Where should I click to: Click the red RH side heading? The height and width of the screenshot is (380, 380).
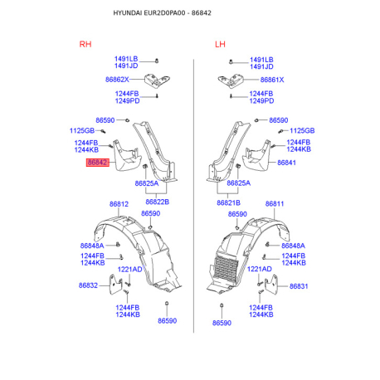tap(85, 44)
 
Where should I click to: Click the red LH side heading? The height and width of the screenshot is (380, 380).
tap(220, 44)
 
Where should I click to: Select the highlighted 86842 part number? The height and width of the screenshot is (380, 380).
tap(98, 163)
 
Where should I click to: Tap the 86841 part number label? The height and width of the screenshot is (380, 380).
tap(286, 163)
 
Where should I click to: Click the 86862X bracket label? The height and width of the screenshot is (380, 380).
tap(117, 80)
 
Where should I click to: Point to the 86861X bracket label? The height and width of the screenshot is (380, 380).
tap(272, 80)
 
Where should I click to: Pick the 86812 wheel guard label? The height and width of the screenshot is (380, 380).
tap(119, 204)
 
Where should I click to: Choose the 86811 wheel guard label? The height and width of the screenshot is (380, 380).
tap(275, 204)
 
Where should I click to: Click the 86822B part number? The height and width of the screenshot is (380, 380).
tap(157, 202)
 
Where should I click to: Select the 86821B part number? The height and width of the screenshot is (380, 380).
tap(228, 202)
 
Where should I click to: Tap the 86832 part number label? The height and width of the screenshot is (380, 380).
tap(88, 285)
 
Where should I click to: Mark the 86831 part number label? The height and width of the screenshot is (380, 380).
tap(299, 286)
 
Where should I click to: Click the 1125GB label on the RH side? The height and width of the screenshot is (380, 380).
tap(82, 130)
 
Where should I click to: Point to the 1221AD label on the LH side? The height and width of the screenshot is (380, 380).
tap(260, 269)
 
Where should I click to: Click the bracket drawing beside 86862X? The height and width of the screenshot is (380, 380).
tap(157, 80)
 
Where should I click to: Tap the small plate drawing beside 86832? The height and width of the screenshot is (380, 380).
tap(116, 285)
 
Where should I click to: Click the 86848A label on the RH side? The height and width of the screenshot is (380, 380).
tap(92, 246)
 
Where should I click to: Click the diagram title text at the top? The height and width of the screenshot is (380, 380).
tap(163, 13)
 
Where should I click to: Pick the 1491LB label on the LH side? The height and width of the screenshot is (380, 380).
tap(261, 60)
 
